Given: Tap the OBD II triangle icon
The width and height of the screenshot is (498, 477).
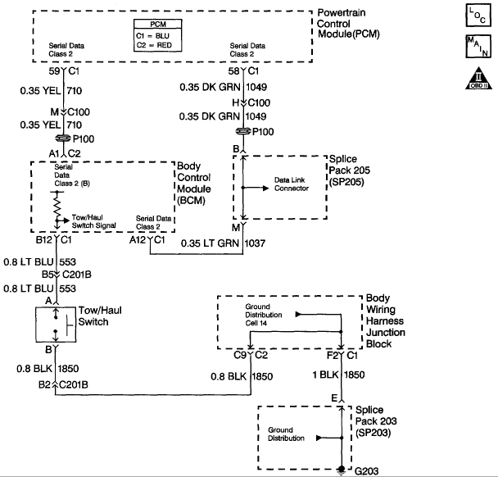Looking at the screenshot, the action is [x=478, y=79].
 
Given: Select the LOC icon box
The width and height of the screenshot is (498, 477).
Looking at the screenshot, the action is [x=478, y=16].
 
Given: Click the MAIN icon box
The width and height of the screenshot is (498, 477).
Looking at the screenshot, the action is [x=478, y=47].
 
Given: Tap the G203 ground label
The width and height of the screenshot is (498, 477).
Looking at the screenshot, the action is [x=366, y=471].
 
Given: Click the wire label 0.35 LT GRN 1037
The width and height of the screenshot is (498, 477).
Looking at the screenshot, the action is [x=223, y=243].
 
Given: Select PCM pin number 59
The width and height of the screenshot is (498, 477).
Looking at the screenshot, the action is [x=54, y=71].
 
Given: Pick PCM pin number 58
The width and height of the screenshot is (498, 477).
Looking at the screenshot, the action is [x=233, y=71].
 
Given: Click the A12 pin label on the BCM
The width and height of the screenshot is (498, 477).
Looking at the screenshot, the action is [x=138, y=240].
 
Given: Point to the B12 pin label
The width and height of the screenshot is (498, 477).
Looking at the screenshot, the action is [x=44, y=240].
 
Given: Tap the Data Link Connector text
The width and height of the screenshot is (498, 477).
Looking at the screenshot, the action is [x=292, y=184].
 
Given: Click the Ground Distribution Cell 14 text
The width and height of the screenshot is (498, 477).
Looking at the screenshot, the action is [x=263, y=315].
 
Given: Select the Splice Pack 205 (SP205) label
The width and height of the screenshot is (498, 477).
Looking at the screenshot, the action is [x=350, y=170].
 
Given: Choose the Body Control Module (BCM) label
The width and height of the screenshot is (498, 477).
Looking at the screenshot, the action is [x=194, y=183].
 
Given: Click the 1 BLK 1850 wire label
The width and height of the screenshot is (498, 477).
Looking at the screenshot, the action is [x=338, y=375].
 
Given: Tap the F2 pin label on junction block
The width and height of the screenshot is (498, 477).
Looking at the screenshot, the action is [x=333, y=355].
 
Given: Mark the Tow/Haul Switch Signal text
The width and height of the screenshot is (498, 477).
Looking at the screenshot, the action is [x=93, y=221].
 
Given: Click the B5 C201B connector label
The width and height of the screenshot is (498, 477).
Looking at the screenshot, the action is [x=66, y=275].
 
